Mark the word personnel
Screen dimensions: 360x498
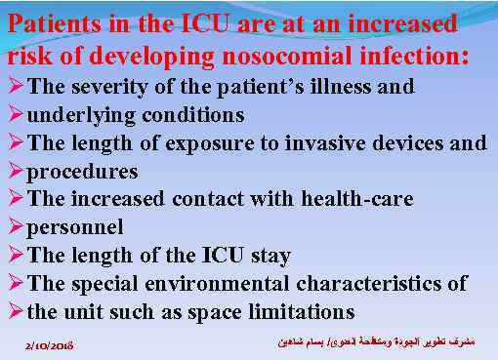[75, 228]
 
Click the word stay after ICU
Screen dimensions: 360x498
[266, 257]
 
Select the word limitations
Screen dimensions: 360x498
[303, 313]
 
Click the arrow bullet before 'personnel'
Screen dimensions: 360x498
[15, 228]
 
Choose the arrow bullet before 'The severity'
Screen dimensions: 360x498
[15, 87]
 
